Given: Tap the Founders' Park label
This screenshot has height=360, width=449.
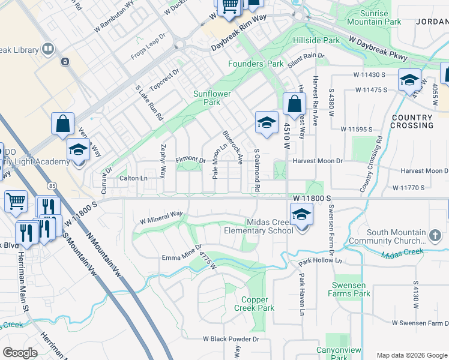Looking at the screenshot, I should [x=256, y=64].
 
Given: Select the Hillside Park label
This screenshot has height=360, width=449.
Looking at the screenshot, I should [x=316, y=40].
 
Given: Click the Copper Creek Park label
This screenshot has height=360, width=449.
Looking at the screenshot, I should [x=258, y=304].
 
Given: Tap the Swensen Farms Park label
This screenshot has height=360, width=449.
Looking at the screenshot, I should [x=349, y=289].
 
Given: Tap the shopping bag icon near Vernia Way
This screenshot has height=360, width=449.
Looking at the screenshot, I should [x=63, y=124].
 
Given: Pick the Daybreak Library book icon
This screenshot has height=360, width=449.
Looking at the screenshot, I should [x=48, y=49].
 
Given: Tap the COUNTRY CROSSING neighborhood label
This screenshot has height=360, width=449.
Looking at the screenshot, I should [x=411, y=121].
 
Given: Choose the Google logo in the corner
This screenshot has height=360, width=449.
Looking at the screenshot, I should [x=20, y=353].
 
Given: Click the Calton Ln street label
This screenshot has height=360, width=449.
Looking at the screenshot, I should [x=133, y=178].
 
